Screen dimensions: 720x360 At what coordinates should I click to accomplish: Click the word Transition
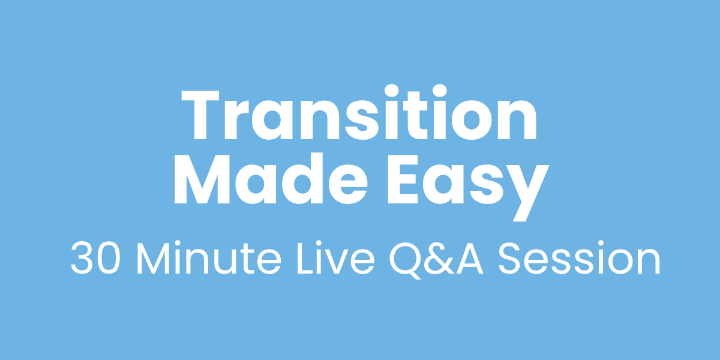[x=359, y=113]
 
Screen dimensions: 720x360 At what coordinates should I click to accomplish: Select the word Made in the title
[x=271, y=179]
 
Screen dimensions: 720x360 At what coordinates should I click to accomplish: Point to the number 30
[x=95, y=257]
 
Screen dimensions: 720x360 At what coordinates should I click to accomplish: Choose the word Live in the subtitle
[x=335, y=257]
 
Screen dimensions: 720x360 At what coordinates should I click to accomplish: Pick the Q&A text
[x=436, y=260]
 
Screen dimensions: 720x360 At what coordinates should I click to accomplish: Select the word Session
[x=579, y=257]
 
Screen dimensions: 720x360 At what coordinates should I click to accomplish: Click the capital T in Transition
[x=200, y=115]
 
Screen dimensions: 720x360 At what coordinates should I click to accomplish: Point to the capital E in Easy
[x=403, y=179]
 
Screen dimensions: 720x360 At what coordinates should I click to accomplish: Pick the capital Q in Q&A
[x=406, y=260]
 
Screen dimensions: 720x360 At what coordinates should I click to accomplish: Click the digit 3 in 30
[x=82, y=257]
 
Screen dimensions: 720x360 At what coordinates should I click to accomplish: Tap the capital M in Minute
[x=154, y=257]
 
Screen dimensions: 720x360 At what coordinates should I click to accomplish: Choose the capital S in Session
[x=509, y=257]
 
